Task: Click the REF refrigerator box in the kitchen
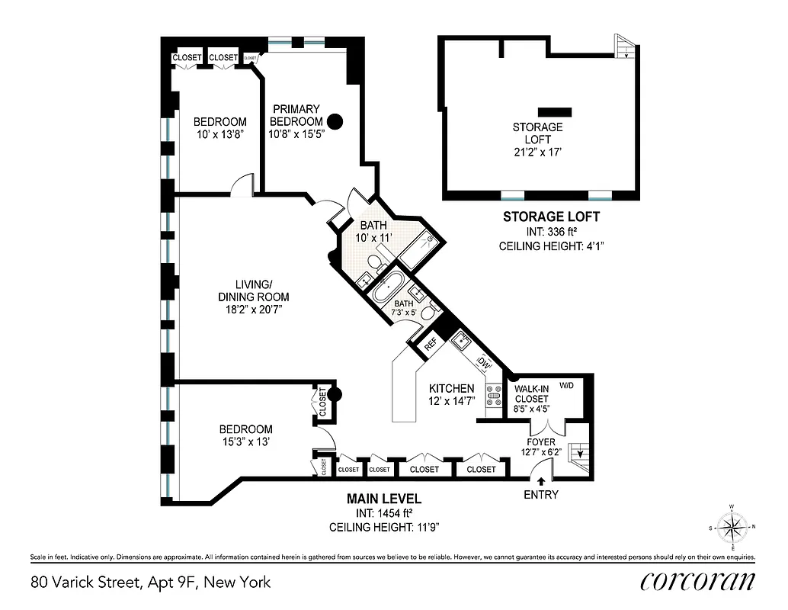tap(429, 344)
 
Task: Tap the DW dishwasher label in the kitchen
tap(482, 362)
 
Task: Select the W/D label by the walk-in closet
tap(566, 385)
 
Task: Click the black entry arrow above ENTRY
tap(541, 481)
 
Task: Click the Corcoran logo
tap(697, 581)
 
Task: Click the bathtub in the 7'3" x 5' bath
tap(388, 290)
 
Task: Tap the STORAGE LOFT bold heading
tap(551, 217)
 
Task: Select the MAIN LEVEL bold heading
tap(384, 499)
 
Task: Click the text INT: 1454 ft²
tap(384, 513)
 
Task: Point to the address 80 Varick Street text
tap(151, 583)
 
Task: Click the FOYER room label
tap(542, 441)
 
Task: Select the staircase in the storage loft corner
tap(624, 47)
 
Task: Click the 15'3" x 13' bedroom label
tap(245, 435)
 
